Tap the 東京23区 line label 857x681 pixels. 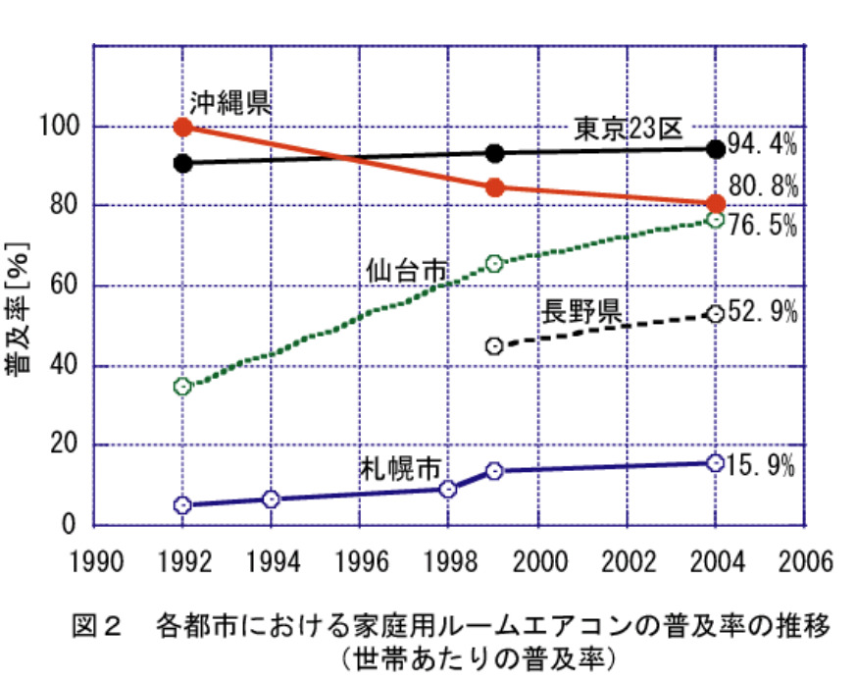coord(628,129)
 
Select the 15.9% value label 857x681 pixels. coord(761,466)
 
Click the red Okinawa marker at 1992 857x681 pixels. coord(182,127)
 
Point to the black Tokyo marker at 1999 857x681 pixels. coord(495,153)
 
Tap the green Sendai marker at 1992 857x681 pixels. coord(182,386)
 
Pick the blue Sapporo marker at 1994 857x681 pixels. coord(272,499)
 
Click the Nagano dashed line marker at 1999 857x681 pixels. coord(495,345)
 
